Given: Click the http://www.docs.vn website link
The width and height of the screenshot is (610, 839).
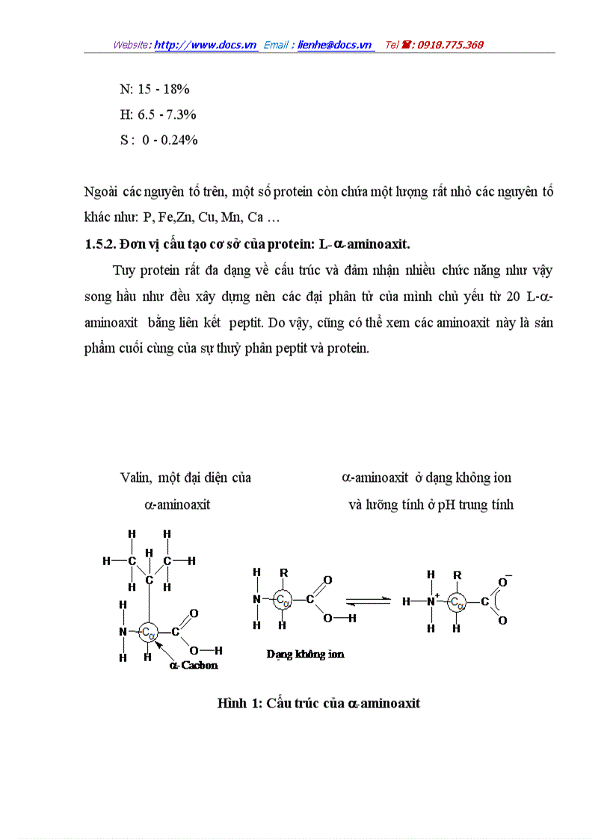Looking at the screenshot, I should pyautogui.click(x=206, y=45).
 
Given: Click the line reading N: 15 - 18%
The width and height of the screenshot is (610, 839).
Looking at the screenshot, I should pyautogui.click(x=155, y=90).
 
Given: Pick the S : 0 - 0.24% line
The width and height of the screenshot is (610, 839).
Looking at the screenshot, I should pyautogui.click(x=158, y=140).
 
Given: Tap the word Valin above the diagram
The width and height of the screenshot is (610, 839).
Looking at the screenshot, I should pyautogui.click(x=135, y=478).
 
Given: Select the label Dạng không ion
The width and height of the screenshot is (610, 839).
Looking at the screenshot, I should pyautogui.click(x=306, y=654).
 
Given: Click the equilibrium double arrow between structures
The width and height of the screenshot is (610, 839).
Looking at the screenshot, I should pyautogui.click(x=367, y=600).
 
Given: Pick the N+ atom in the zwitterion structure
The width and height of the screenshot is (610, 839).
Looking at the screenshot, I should pyautogui.click(x=432, y=601).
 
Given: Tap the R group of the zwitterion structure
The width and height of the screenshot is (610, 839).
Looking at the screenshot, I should pyautogui.click(x=457, y=575).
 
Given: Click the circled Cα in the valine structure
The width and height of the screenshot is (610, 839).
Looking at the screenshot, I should pyautogui.click(x=149, y=632).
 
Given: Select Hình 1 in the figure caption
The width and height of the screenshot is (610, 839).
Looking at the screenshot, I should pyautogui.click(x=238, y=704).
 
